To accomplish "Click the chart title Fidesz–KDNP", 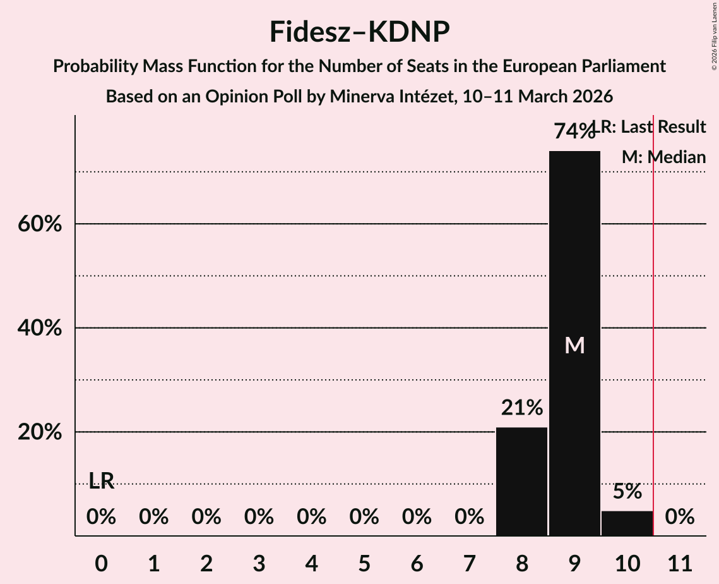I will pyautogui.click(x=359, y=32).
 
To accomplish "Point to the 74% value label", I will pyautogui.click(x=574, y=131).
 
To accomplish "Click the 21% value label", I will pyautogui.click(x=521, y=408).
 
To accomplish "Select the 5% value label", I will pyautogui.click(x=627, y=491).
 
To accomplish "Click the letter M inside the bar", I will pyautogui.click(x=574, y=345).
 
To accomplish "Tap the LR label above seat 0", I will pyautogui.click(x=101, y=481).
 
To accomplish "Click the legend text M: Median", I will pyautogui.click(x=663, y=157).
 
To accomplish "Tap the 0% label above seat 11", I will pyautogui.click(x=680, y=517).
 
